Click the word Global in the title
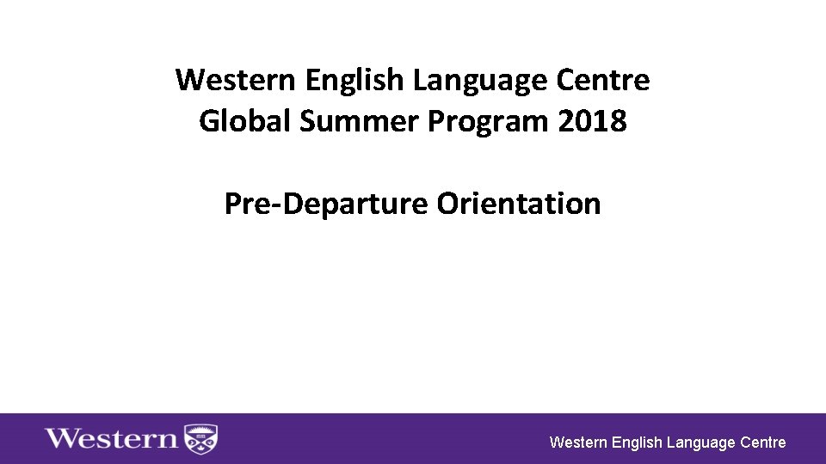coord(245,122)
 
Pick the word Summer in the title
coord(359,122)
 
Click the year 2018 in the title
coord(593,122)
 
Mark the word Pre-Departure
coord(326,205)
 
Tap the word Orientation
coord(519,205)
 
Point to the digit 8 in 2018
coord(619,122)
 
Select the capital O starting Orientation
coord(447,205)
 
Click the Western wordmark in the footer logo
coord(111,439)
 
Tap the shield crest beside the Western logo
coord(201,439)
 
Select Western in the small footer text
coord(578,443)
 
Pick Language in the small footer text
coord(701,443)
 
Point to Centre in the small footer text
coord(763,443)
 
